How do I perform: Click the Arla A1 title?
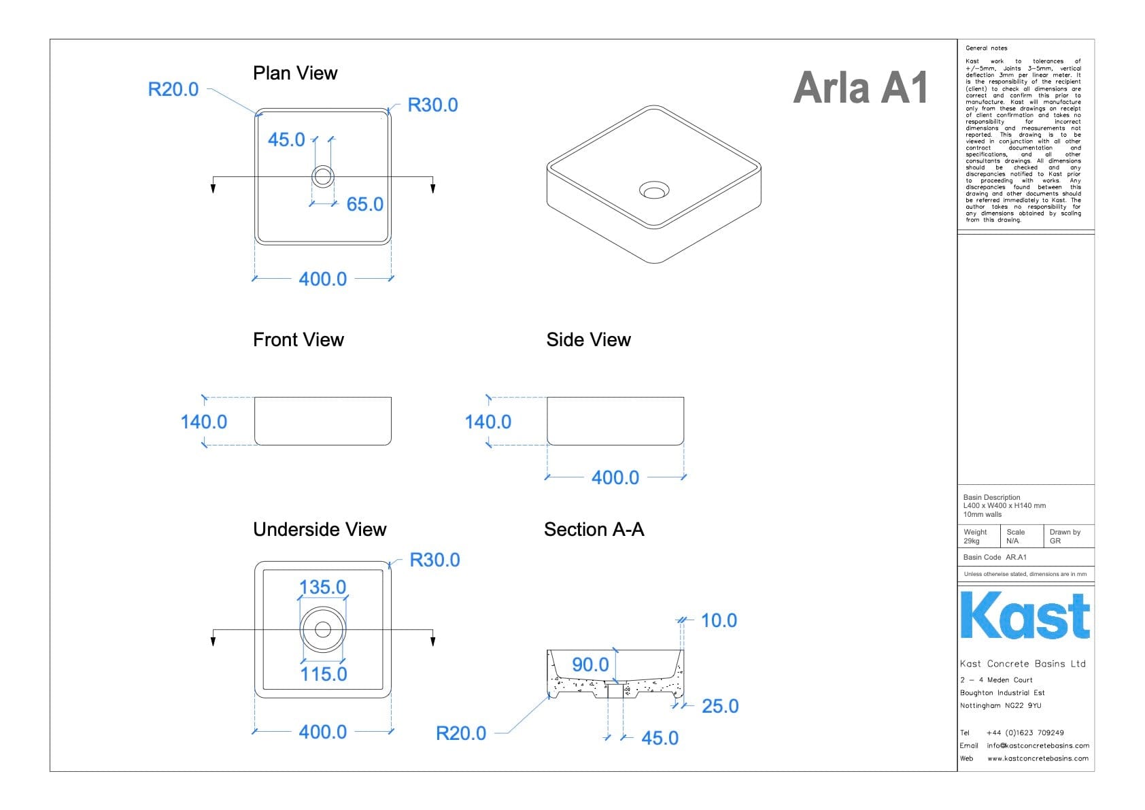(x=860, y=88)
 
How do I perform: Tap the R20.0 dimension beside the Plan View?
(x=173, y=90)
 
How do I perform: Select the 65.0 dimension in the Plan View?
(x=365, y=204)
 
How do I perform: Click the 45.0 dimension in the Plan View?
(x=286, y=139)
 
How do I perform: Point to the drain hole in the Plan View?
(x=323, y=177)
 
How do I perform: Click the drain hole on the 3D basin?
(x=654, y=190)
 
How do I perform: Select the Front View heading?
(x=298, y=340)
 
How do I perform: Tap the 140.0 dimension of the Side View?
(x=488, y=422)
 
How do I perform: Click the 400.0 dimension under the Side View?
(x=615, y=477)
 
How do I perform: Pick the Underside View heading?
(x=320, y=529)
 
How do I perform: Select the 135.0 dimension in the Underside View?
(x=323, y=587)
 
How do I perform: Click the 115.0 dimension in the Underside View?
(x=324, y=674)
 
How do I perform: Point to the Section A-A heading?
(x=594, y=529)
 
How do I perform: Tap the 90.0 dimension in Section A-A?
(x=590, y=664)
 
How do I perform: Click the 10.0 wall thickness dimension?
(x=719, y=620)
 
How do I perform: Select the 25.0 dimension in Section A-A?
(x=720, y=706)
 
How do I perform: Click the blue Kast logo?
(x=1025, y=615)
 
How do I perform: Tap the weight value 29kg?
(x=972, y=541)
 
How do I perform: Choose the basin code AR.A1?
(x=1016, y=558)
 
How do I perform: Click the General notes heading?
(x=986, y=48)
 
